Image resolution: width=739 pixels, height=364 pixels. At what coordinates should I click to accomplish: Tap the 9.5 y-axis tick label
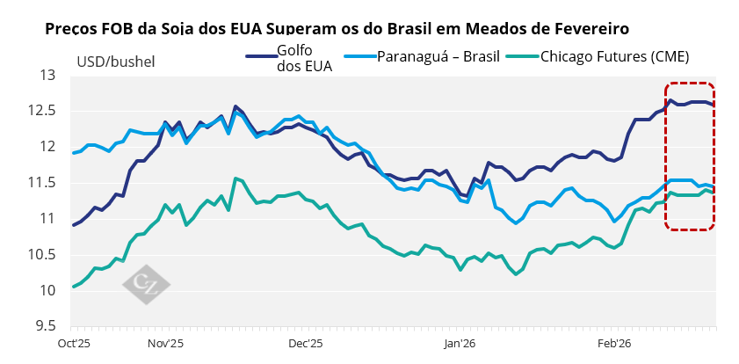(x=45, y=326)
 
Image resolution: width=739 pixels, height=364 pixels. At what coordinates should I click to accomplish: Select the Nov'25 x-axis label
(x=165, y=344)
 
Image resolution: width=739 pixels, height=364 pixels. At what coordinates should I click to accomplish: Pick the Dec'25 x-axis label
(x=307, y=344)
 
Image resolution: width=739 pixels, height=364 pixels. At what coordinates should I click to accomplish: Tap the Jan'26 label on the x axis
(x=459, y=344)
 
